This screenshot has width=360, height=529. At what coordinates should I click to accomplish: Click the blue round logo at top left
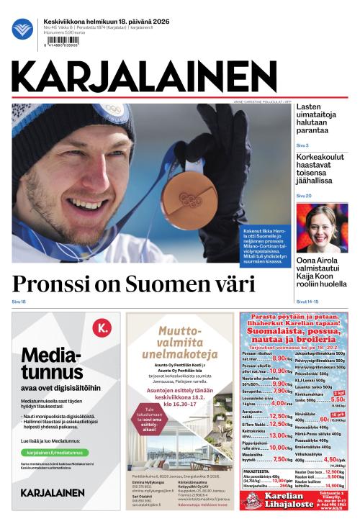click(22, 29)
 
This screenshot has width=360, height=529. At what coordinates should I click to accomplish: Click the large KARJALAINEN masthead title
click(144, 76)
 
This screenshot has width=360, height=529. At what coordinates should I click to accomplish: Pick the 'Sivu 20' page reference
click(304, 196)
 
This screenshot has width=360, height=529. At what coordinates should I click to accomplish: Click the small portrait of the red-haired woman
click(322, 227)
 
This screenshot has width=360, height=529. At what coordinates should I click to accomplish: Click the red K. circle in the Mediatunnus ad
click(102, 329)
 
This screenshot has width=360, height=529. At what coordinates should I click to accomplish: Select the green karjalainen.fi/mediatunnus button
click(55, 453)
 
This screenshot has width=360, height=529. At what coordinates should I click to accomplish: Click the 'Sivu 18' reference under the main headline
click(19, 301)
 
